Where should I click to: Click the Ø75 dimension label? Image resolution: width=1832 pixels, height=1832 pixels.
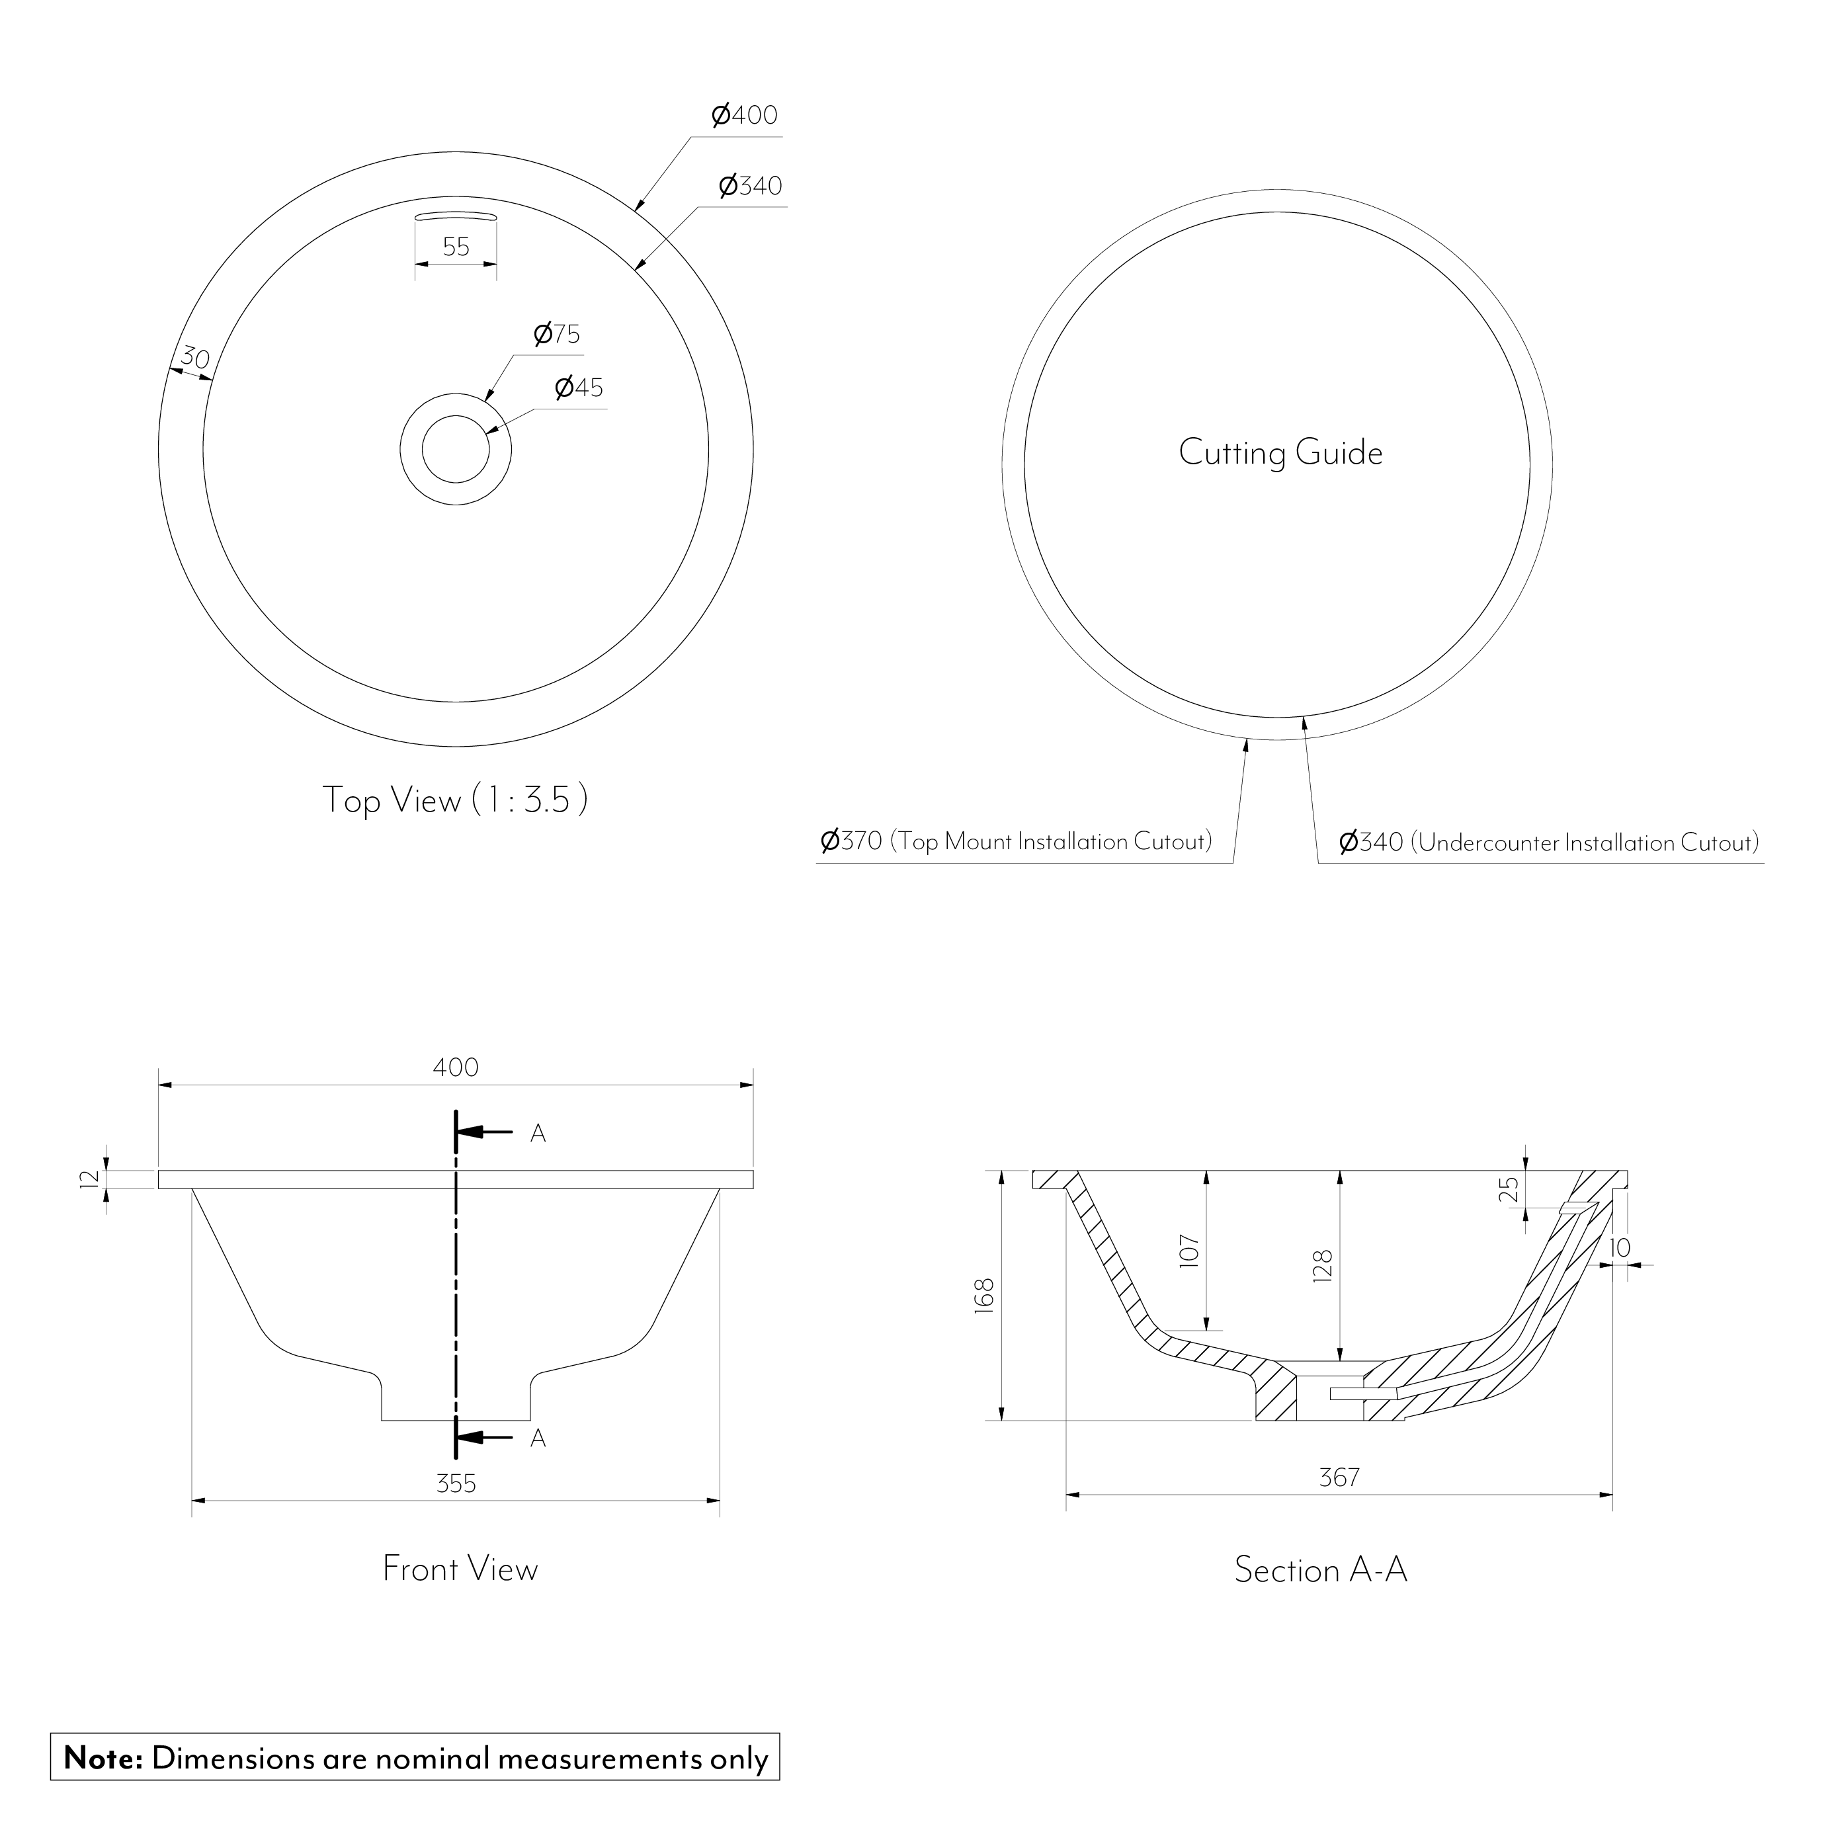557,334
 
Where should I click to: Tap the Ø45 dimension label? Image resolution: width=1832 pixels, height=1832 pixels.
579,388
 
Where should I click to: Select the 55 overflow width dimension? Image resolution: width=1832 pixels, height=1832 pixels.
456,247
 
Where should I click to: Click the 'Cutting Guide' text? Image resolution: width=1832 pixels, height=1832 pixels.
1280,453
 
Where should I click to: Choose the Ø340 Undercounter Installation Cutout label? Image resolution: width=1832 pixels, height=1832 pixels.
1548,842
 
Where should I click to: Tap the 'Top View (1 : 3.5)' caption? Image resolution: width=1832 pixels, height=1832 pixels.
455,800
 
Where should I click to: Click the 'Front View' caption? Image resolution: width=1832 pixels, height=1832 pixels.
460,1568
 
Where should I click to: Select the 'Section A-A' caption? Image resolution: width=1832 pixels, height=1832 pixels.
1320,1569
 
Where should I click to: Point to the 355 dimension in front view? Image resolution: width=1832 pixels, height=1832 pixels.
456,1483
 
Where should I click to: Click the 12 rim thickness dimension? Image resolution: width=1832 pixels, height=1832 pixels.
90,1179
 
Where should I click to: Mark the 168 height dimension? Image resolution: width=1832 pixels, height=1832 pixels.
983,1294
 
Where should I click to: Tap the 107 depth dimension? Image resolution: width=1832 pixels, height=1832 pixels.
1190,1251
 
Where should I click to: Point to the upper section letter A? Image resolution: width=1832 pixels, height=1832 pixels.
538,1133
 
